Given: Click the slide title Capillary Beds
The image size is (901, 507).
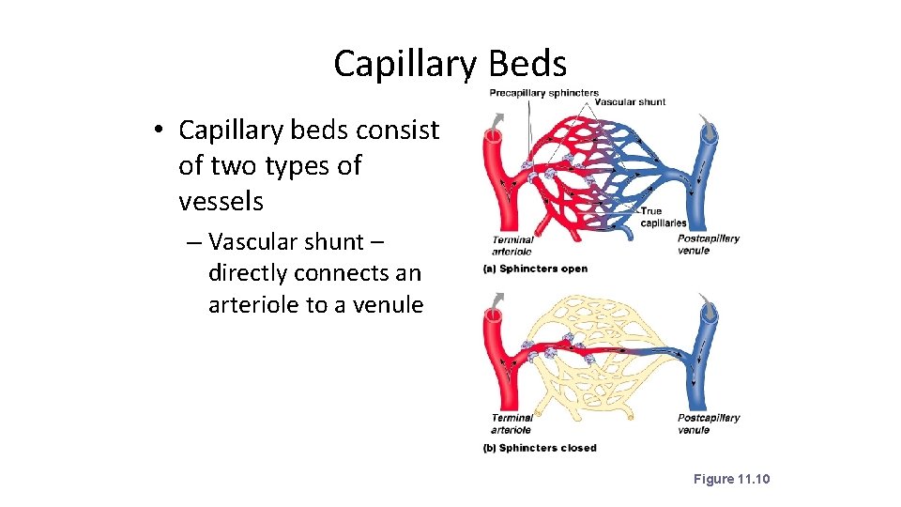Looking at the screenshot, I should [x=450, y=64].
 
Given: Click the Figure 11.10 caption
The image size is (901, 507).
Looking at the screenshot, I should [x=731, y=479].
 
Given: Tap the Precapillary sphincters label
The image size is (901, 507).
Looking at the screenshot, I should [x=543, y=93].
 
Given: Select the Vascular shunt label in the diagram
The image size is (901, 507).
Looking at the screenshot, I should [x=631, y=101].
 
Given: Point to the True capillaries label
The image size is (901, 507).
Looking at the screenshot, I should [x=663, y=217].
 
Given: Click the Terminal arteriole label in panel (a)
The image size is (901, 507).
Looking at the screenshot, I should [x=512, y=245].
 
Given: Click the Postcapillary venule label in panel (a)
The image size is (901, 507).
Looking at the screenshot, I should [x=709, y=244].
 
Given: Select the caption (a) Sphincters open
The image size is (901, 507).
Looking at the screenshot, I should [x=535, y=269].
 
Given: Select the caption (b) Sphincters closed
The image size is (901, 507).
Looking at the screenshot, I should [x=540, y=448].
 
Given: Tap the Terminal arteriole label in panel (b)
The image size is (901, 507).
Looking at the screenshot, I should [x=512, y=423].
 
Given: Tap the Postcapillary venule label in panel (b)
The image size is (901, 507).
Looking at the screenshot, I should [x=709, y=423].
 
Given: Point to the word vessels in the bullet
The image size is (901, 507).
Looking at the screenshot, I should [x=221, y=201].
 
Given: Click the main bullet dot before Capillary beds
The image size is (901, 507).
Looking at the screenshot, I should [x=161, y=131].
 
